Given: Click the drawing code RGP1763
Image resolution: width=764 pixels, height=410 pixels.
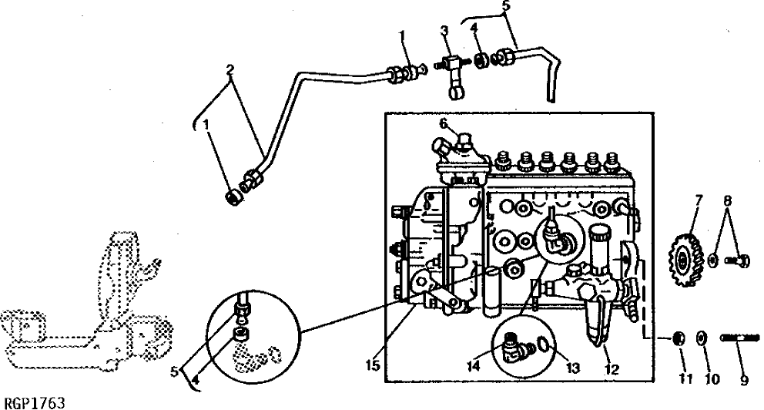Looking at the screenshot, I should [x=35, y=402].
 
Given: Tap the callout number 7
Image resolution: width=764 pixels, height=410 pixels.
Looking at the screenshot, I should [x=699, y=200].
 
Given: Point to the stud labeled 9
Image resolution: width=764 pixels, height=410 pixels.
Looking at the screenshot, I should [x=739, y=338].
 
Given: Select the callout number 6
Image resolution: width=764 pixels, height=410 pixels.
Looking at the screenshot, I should [x=444, y=123].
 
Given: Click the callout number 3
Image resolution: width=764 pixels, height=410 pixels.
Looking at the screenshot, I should [x=444, y=30].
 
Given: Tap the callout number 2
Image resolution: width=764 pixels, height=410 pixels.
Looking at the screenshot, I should [x=229, y=69].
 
